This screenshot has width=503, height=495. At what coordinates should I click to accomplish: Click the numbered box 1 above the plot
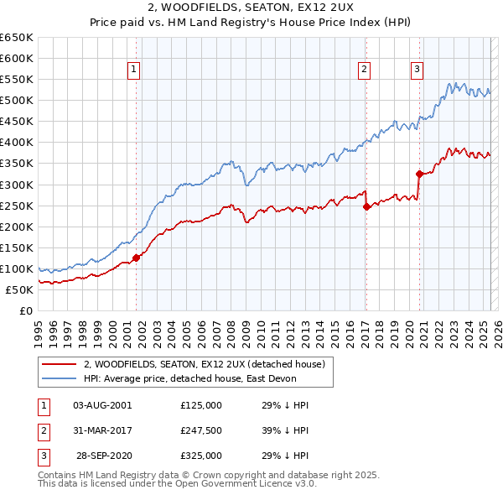point(134,70)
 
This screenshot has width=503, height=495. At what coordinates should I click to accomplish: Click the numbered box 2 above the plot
point(365,70)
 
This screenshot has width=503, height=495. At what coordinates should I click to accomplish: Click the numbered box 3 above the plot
point(417,70)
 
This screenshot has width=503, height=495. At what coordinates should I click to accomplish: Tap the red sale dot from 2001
point(136,258)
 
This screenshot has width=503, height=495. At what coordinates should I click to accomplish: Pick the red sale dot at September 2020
point(418,174)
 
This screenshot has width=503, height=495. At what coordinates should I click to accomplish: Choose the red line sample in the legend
point(59,365)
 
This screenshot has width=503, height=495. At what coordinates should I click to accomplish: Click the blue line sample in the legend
point(59,378)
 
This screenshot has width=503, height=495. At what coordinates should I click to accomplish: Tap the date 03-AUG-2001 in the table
point(103,405)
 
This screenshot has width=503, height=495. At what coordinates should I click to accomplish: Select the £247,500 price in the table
point(201,430)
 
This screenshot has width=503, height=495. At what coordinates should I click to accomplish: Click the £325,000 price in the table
point(201,456)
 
